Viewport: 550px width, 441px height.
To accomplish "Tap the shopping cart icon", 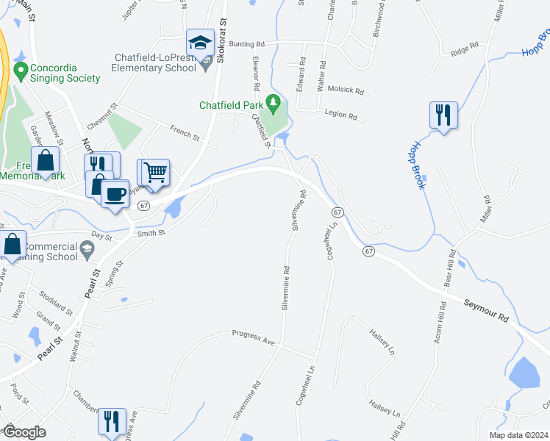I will tap(155, 173).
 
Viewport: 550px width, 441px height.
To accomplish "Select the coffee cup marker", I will tap(114, 195).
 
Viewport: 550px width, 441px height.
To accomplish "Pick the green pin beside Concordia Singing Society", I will tap(21, 72).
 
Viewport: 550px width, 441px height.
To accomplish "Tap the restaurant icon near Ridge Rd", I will tap(443, 115).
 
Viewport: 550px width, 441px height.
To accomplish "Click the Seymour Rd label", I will tap(487, 311).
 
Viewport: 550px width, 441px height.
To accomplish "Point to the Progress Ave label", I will tap(253, 338).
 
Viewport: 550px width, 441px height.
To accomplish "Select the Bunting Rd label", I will tap(246, 44).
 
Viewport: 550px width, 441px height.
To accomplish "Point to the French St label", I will tap(185, 135).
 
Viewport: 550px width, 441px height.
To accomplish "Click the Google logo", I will tap(24, 431).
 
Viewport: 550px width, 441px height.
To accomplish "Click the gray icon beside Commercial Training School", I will tap(87, 251).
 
